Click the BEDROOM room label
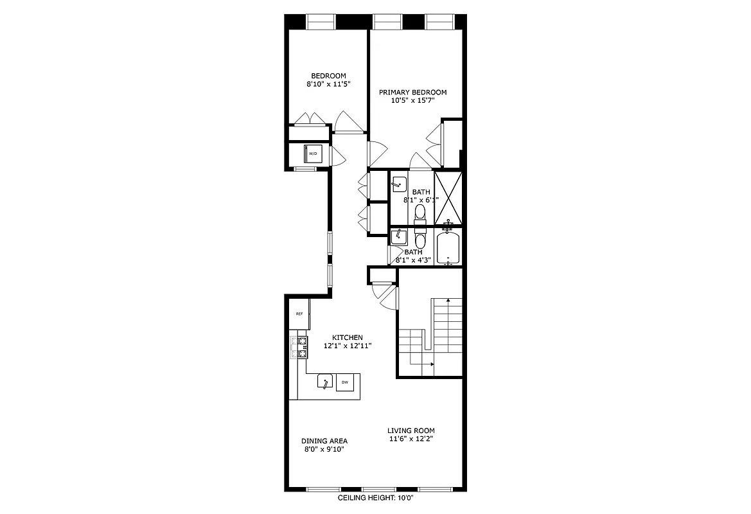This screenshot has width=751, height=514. click(x=328, y=76)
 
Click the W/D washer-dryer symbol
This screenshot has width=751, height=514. click(x=313, y=154)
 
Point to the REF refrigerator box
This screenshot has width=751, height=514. click(x=299, y=314)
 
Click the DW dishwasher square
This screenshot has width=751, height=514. click(x=345, y=382)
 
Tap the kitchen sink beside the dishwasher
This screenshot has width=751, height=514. click(x=325, y=382)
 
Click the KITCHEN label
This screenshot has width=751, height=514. click(x=348, y=337)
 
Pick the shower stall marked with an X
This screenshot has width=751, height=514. click(x=448, y=197)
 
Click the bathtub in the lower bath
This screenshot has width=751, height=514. click(x=448, y=249)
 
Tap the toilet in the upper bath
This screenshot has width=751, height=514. click(x=420, y=211)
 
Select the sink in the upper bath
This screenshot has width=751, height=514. click(x=398, y=184)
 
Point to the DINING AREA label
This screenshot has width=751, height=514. click(x=324, y=441)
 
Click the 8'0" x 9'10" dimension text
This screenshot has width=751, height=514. click(x=324, y=449)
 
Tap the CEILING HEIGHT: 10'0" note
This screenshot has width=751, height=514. click(x=380, y=498)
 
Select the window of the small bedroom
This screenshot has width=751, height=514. click(x=321, y=22)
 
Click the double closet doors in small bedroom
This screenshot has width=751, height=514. click(x=310, y=120)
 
